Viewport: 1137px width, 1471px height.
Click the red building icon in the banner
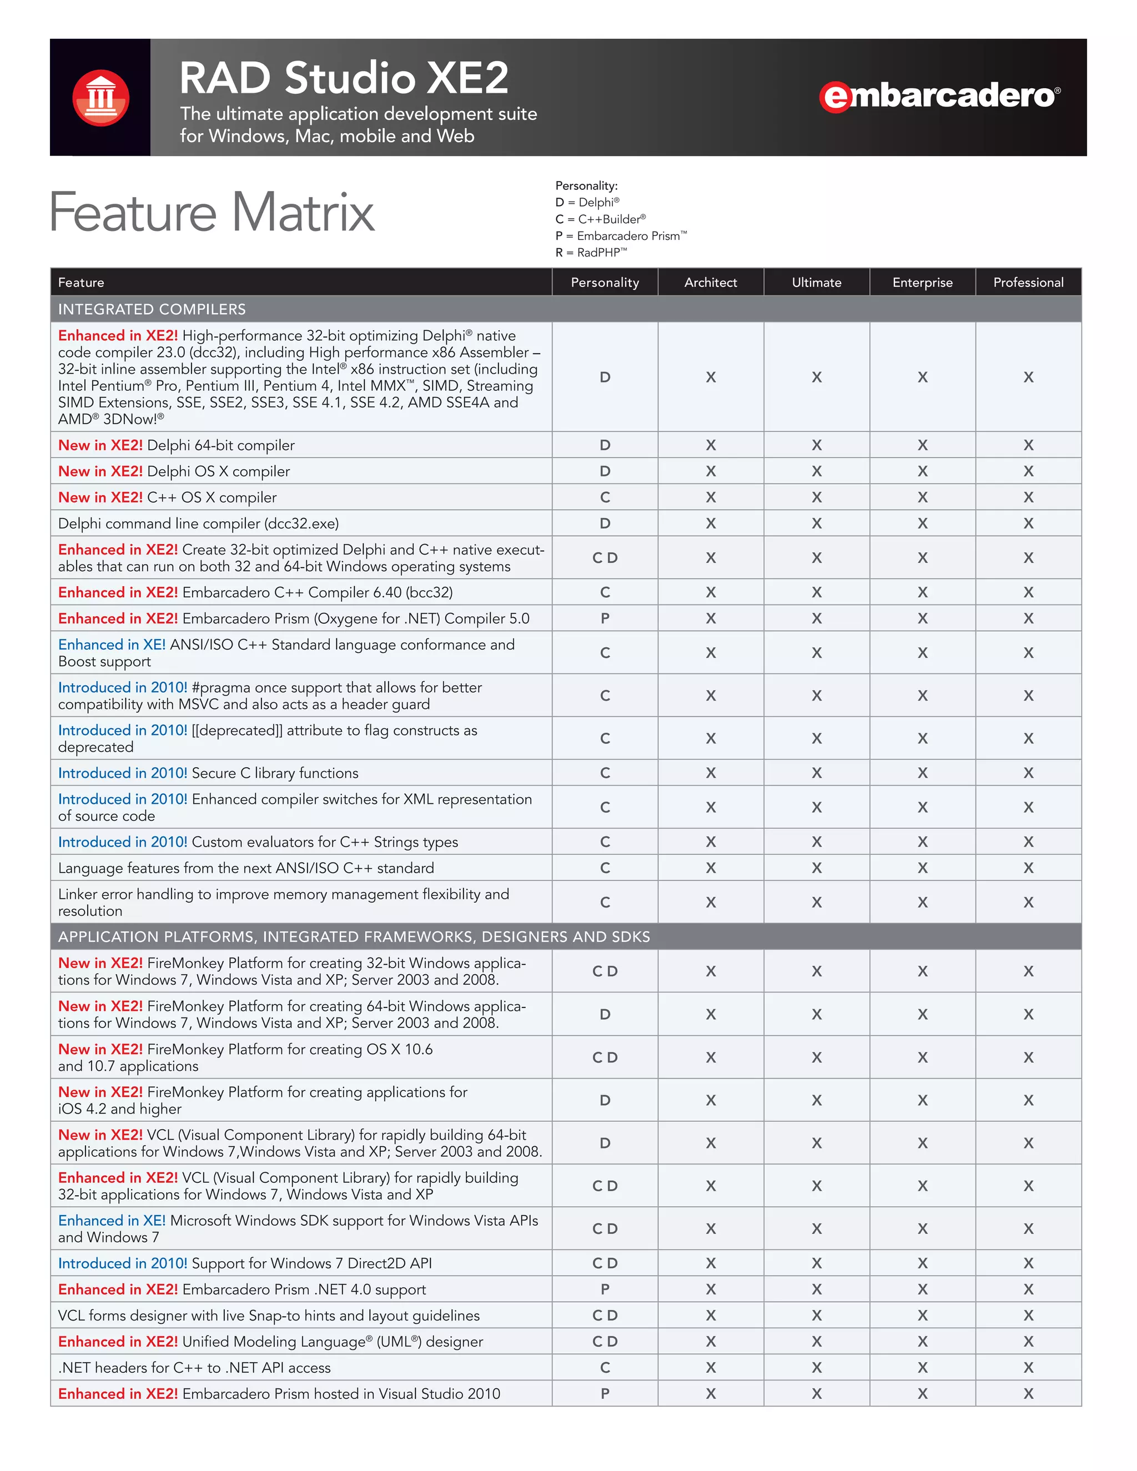(101, 98)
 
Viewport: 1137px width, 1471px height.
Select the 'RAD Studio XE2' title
(344, 78)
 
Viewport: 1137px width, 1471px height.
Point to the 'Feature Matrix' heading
(212, 212)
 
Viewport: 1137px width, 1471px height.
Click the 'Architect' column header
(711, 282)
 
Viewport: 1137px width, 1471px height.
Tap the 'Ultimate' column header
(816, 282)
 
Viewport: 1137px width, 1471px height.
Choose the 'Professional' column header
(1028, 282)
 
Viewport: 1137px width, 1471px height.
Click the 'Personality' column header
(605, 282)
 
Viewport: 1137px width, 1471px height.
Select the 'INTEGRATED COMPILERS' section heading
(152, 309)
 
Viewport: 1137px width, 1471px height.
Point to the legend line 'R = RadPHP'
(591, 253)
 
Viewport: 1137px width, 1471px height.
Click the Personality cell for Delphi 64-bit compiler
(605, 445)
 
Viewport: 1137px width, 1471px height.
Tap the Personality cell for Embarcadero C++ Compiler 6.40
(605, 593)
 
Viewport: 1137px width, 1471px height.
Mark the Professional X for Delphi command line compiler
(1028, 523)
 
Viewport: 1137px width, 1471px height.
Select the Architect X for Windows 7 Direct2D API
(711, 1263)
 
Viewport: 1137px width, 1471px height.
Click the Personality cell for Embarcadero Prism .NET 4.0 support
(605, 1289)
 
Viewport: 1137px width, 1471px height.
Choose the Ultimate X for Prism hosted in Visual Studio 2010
(816, 1393)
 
